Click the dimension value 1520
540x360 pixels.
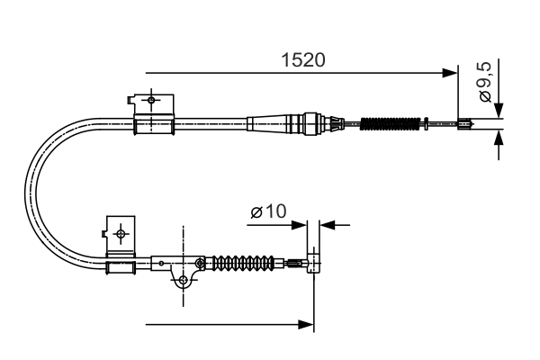pyautogui.click(x=302, y=60)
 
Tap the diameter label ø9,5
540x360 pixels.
pyautogui.click(x=484, y=83)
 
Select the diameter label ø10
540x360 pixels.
pyautogui.click(x=268, y=212)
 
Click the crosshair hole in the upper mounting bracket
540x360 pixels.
pyautogui.click(x=152, y=99)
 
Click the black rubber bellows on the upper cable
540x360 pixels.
pyautogui.click(x=391, y=123)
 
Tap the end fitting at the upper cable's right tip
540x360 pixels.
pyautogui.click(x=466, y=124)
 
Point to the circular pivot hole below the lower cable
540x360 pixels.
pyautogui.click(x=184, y=281)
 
